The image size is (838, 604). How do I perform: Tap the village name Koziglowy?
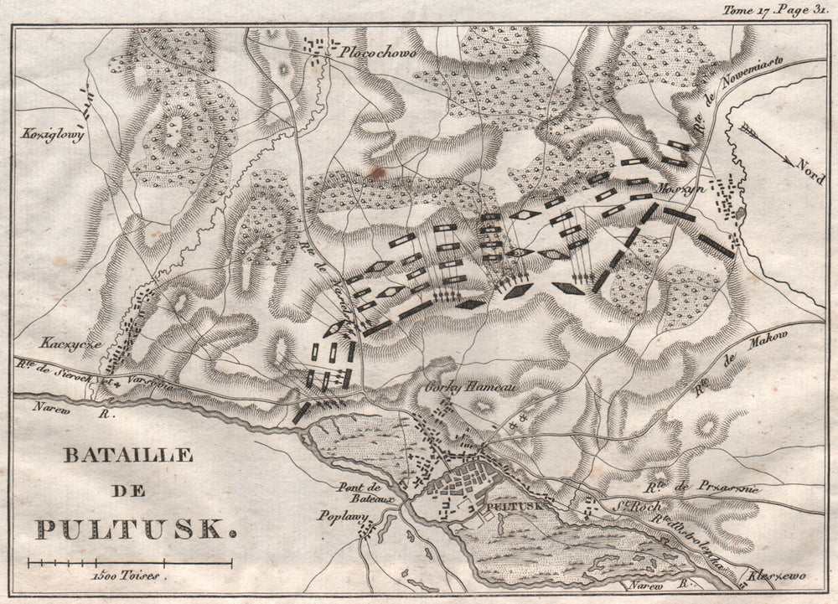(54, 134)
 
